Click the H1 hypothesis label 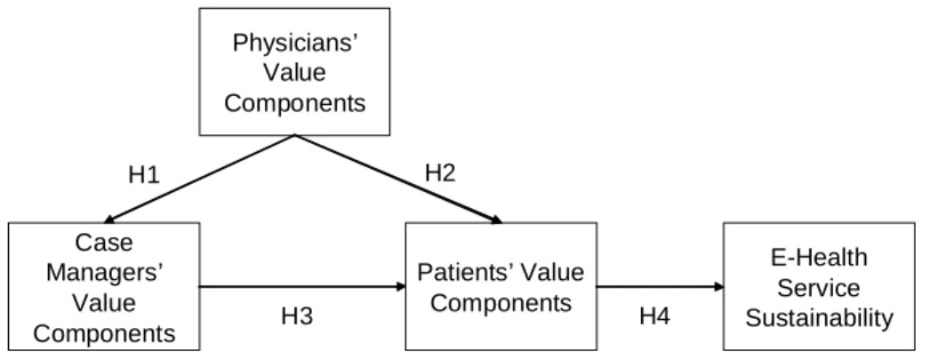pyautogui.click(x=144, y=175)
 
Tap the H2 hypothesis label pyautogui.click(x=440, y=173)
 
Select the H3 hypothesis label pyautogui.click(x=297, y=316)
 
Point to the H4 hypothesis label pyautogui.click(x=654, y=316)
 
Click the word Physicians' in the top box pyautogui.click(x=294, y=44)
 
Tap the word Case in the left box pyautogui.click(x=104, y=242)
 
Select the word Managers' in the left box pyautogui.click(x=104, y=273)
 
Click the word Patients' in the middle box pyautogui.click(x=456, y=273)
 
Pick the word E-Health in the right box pyautogui.click(x=819, y=258)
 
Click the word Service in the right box pyautogui.click(x=819, y=288)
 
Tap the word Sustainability pyautogui.click(x=819, y=318)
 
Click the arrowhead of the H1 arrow pyautogui.click(x=109, y=220)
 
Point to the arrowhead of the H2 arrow pyautogui.click(x=497, y=220)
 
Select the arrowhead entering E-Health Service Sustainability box pyautogui.click(x=719, y=287)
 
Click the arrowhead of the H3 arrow pyautogui.click(x=401, y=287)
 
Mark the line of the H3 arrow pyautogui.click(x=302, y=287)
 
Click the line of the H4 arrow pyautogui.click(x=660, y=287)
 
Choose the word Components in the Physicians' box pyautogui.click(x=295, y=104)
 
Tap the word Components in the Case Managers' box pyautogui.click(x=104, y=334)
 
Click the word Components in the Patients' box pyautogui.click(x=501, y=303)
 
